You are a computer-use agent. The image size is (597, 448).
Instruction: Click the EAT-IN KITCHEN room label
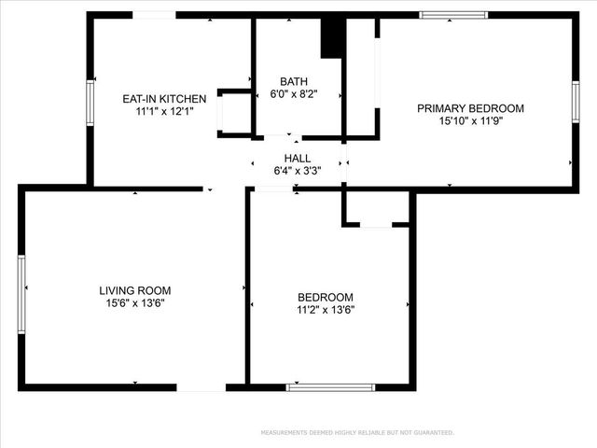coord(164,99)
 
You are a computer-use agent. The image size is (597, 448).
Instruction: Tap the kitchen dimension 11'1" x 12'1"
coord(164,111)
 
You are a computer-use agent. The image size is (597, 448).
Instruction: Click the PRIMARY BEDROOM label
coord(470,108)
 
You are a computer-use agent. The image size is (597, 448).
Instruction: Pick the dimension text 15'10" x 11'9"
coord(470,120)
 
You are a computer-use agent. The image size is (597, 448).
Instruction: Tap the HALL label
coord(298,159)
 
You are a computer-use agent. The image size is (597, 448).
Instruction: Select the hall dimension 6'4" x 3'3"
coord(298,171)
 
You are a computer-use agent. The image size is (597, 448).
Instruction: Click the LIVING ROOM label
coord(135,290)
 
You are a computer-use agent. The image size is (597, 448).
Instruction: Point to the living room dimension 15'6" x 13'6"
coord(135,302)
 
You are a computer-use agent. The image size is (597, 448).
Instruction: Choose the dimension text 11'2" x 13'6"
coord(326,309)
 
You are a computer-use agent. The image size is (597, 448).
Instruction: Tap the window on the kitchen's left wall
coord(90,102)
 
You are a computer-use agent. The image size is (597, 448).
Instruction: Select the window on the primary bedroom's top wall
coord(453,15)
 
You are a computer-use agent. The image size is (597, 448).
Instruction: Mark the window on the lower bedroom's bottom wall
coord(330,386)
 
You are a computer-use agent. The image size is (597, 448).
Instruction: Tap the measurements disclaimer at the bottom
coord(357,433)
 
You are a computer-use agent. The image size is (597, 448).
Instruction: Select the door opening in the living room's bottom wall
coord(201,386)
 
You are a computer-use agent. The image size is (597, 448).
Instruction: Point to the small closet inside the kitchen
coord(233,114)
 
